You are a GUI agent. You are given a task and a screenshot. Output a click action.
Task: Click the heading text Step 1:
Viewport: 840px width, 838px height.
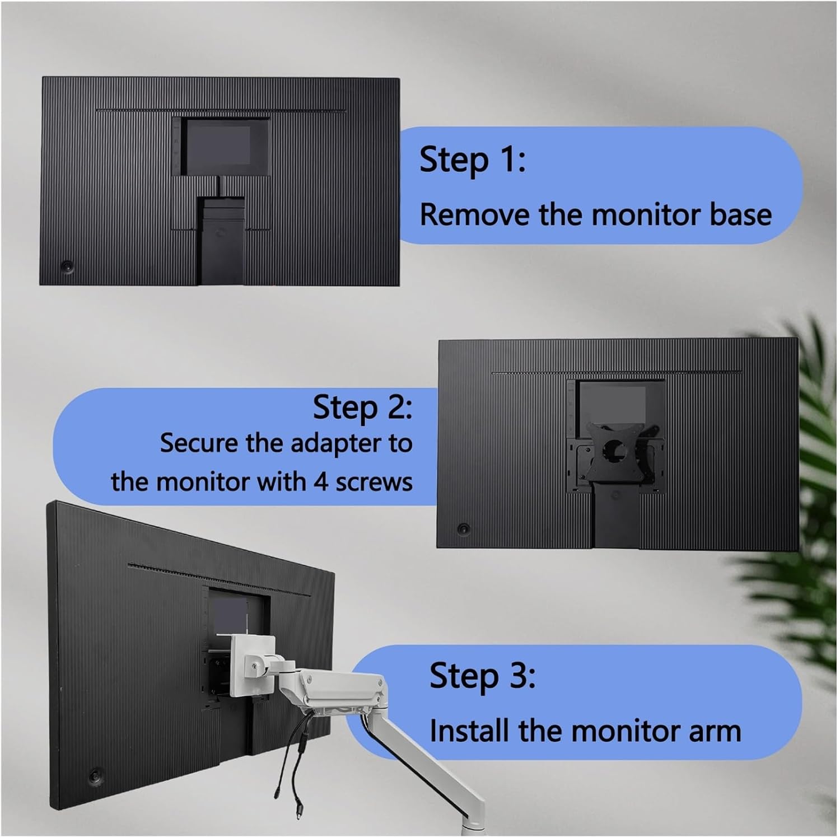pos(473,160)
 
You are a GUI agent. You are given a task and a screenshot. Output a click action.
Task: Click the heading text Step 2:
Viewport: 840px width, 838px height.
pos(362,407)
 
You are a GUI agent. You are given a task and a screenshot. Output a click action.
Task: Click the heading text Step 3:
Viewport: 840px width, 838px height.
pos(482,676)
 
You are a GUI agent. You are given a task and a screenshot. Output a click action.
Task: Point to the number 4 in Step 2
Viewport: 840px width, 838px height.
pos(320,482)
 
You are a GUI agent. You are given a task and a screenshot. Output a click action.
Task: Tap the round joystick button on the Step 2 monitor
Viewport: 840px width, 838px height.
pos(463,528)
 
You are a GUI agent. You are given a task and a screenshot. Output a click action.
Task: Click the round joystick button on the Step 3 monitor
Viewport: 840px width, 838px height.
pos(95,776)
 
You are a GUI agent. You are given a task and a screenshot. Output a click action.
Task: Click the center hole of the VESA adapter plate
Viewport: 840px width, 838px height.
pos(617,449)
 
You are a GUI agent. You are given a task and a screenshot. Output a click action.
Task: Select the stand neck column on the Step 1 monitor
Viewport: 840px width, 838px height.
pos(220,241)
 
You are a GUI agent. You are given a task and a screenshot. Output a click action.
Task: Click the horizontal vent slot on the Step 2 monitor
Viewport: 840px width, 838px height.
pos(617,373)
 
